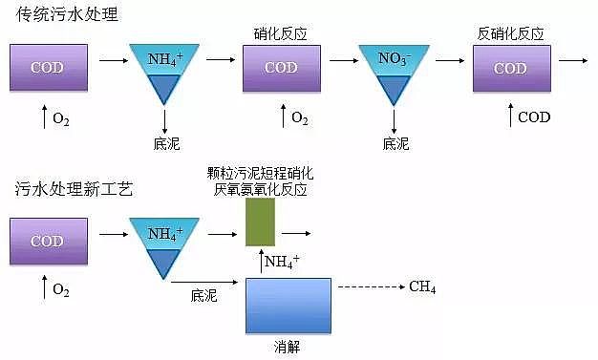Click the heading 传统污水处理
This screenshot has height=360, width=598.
(62, 15)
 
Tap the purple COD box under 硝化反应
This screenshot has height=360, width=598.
(281, 68)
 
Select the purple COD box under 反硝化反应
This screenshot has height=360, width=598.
(510, 68)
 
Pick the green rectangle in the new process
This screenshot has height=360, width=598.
(260, 222)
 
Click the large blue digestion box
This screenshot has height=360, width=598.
(288, 306)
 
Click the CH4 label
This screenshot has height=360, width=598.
(422, 286)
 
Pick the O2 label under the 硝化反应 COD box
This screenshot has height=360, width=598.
(300, 117)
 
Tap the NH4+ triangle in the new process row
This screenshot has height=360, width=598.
(164, 242)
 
